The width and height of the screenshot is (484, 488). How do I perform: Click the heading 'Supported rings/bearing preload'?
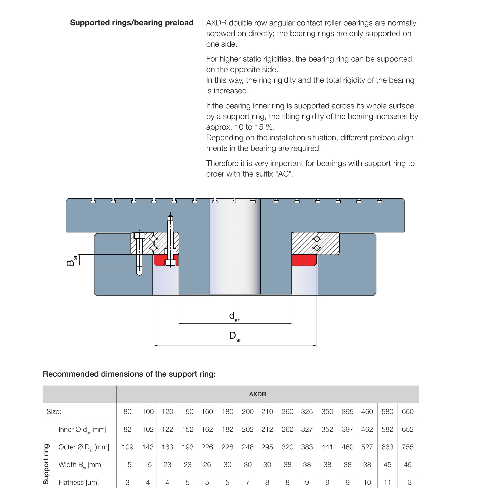(132, 23)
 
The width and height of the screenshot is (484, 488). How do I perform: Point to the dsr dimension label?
(234, 317)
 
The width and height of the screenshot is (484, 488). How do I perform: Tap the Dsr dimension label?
(235, 336)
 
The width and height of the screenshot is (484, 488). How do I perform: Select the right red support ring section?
(304, 260)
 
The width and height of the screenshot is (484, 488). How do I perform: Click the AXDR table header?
(257, 394)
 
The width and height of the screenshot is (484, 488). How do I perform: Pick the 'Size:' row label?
(54, 412)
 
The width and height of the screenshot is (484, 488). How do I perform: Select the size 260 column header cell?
(287, 412)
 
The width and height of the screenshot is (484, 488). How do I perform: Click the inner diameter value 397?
(347, 429)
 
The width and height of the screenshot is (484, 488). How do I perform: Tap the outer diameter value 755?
(407, 447)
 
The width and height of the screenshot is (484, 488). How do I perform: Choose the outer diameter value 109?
(127, 447)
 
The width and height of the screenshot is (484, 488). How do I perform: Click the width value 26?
(207, 465)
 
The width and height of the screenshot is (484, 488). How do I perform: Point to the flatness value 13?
(407, 482)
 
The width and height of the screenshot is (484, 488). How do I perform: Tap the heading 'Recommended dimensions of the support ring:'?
(129, 374)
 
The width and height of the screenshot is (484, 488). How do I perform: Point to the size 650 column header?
(407, 412)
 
